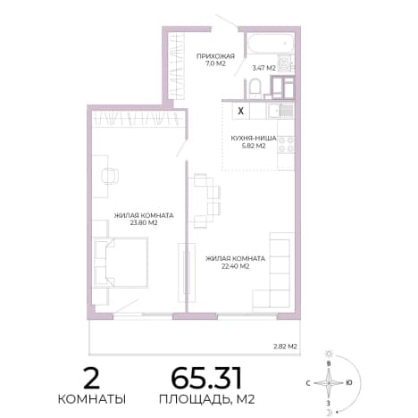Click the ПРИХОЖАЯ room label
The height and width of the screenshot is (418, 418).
click(215, 56)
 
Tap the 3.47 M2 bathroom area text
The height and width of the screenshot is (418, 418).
click(263, 68)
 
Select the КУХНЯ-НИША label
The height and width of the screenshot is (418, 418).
click(254, 138)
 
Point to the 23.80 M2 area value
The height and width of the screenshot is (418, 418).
click(144, 222)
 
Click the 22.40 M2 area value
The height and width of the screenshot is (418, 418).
click(236, 266)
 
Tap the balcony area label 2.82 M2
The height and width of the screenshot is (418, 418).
click(285, 347)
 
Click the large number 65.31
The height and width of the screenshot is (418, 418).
click(206, 378)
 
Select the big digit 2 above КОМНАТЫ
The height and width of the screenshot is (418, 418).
click(91, 378)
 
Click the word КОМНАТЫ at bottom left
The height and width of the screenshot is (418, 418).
click(92, 399)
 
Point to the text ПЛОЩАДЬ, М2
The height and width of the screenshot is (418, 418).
click(207, 399)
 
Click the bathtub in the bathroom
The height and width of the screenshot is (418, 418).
click(271, 44)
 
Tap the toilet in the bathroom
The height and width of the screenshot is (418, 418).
click(255, 88)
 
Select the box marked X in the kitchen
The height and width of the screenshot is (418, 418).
click(241, 111)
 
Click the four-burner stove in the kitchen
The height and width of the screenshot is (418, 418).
click(286, 144)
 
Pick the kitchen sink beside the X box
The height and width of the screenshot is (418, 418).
click(280, 111)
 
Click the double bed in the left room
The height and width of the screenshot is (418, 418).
click(121, 263)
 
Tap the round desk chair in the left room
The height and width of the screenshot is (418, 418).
click(110, 176)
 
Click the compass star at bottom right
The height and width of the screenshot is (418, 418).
click(329, 383)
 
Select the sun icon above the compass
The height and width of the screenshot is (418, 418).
click(329, 354)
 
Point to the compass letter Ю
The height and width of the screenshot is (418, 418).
click(349, 383)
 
